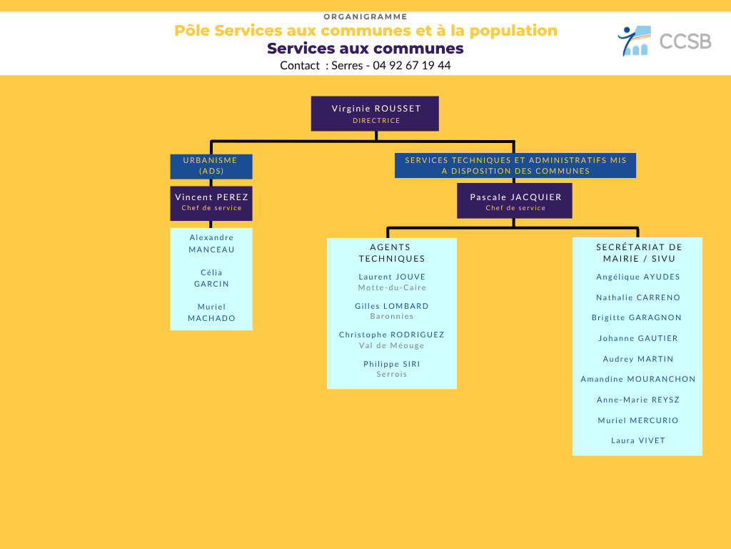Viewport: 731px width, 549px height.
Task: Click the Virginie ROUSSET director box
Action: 375,114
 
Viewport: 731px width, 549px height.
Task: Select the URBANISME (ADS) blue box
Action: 211,166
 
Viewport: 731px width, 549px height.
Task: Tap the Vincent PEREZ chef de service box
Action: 211,204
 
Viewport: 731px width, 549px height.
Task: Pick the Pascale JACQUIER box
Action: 515,201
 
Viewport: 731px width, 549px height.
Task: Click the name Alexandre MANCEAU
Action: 211,244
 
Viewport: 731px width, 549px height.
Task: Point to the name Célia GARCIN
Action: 211,278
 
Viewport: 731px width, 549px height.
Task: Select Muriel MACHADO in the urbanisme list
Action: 211,312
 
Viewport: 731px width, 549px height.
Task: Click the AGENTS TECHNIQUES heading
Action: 392,252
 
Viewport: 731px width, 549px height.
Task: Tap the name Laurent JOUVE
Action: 392,277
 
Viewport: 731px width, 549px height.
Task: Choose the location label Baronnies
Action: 392,316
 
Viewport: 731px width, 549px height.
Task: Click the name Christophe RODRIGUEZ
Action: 392,335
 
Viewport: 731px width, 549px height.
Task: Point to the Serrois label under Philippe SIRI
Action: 392,374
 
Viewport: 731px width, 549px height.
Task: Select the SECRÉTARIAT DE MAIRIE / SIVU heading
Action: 639,252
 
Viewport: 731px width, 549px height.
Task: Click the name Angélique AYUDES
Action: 637,277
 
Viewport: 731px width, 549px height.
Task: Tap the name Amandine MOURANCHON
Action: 637,379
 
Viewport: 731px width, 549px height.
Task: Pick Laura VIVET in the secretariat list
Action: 637,440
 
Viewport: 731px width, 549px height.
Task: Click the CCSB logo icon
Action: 634,41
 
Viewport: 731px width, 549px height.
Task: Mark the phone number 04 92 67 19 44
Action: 412,65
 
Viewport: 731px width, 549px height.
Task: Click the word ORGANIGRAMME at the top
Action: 365,17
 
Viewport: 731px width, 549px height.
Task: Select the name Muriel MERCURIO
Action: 637,420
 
